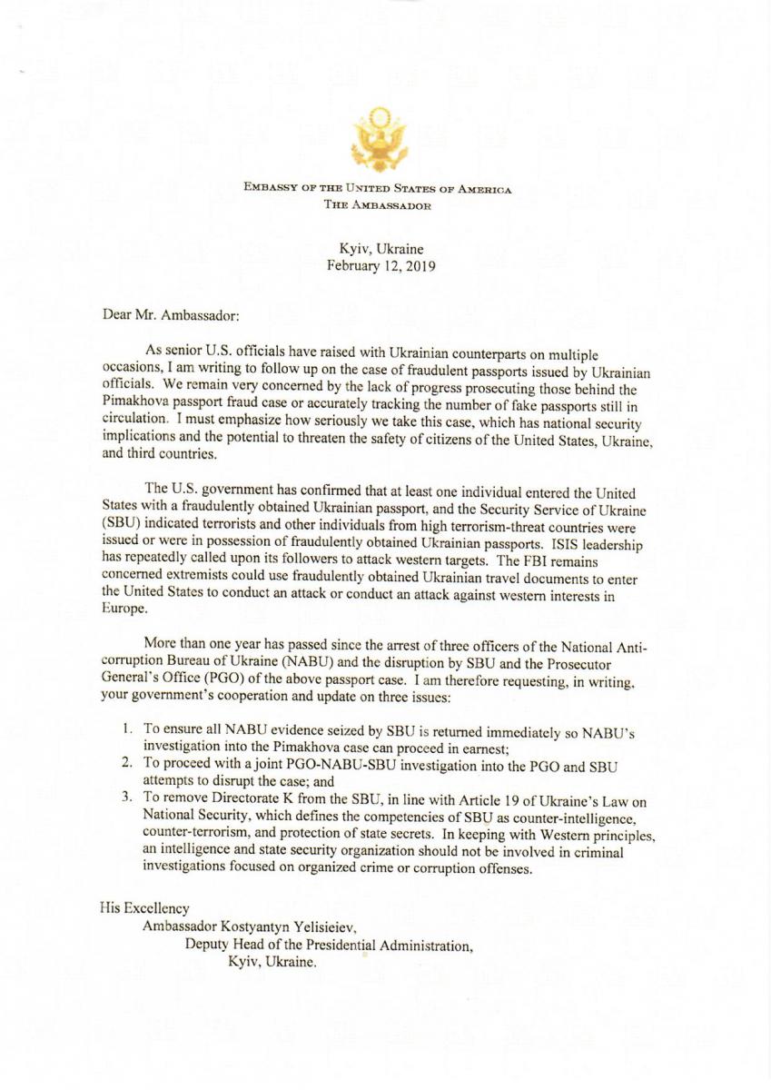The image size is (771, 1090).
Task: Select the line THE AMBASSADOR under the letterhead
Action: tap(377, 205)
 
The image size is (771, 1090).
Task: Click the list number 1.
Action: tap(127, 728)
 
